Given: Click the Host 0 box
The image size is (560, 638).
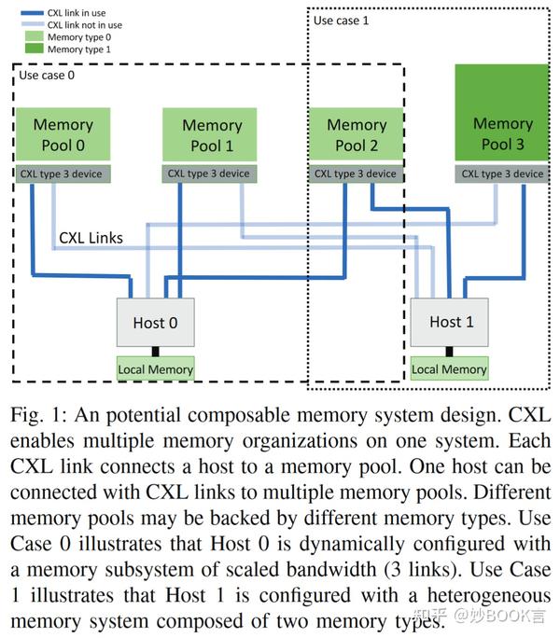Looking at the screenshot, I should point(155,324).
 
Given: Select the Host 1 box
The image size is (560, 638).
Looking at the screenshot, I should point(450,323).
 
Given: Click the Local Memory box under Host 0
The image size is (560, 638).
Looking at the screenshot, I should point(155,369).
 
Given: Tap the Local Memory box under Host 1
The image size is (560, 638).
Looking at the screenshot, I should point(449,369).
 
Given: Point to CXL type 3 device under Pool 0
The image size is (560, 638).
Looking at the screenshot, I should point(63,173).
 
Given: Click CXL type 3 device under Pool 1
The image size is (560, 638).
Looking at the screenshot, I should point(208,173).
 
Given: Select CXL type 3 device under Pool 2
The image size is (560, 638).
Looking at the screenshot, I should point(356,173).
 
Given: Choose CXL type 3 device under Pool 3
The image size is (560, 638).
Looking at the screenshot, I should point(502,173).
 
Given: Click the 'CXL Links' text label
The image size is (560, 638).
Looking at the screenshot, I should point(91,238).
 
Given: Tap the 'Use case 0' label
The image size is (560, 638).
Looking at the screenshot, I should point(47,75).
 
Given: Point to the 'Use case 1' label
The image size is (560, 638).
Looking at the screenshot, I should point(342,20).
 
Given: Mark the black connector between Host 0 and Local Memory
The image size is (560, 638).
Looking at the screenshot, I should point(155,352).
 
